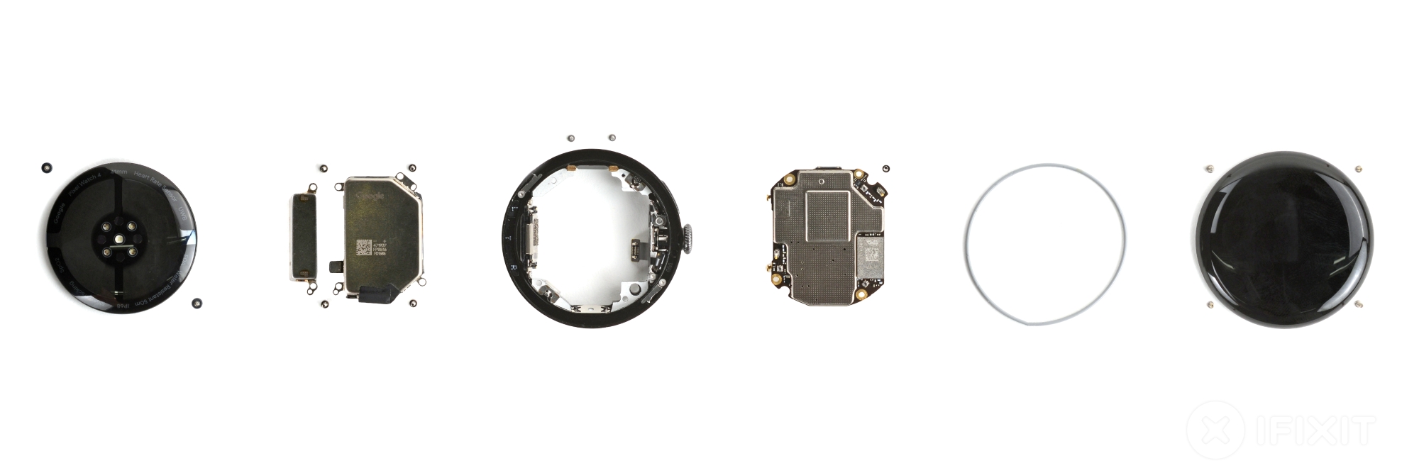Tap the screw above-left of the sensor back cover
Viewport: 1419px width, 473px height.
coord(46,167)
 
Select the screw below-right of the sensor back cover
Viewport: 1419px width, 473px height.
coord(196,303)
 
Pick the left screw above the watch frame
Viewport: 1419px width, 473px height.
coord(570,137)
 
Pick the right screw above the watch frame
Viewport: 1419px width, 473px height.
coord(612,138)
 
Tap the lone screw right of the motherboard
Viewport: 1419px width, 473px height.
coord(885,168)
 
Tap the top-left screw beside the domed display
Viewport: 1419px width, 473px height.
coord(1209,169)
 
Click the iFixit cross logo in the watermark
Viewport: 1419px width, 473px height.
coord(1215,430)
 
